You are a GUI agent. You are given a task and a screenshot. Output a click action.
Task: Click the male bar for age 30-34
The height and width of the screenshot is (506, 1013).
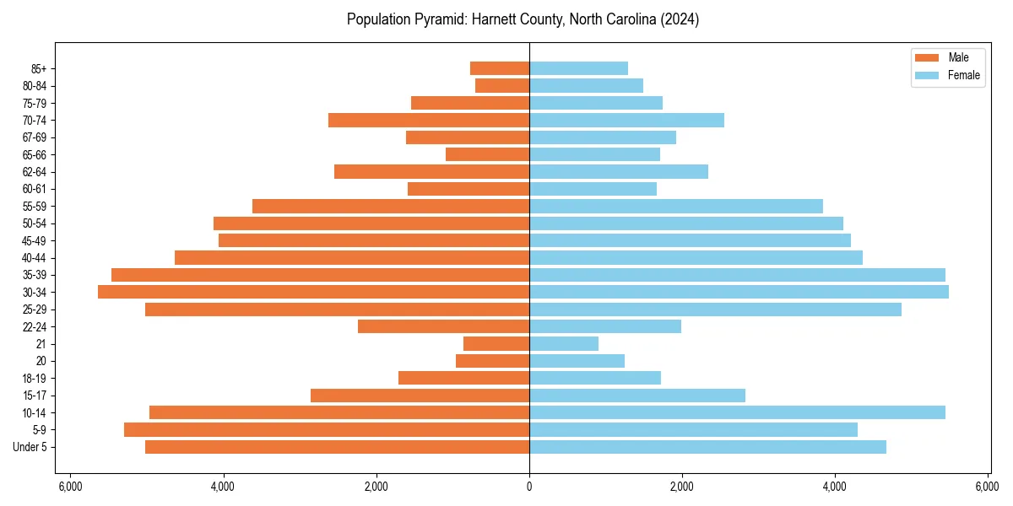coord(313,292)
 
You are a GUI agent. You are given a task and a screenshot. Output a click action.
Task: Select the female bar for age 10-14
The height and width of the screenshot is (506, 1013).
coord(737,412)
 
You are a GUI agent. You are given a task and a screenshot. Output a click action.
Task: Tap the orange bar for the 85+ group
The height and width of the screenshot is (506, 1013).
coord(500,68)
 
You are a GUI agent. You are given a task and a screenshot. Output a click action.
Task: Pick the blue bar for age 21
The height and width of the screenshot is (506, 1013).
coord(564,343)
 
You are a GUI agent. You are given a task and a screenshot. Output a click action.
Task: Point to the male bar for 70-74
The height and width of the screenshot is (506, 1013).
coord(429,120)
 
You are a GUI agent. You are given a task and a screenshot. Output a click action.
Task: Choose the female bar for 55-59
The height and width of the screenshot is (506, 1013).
coord(675,206)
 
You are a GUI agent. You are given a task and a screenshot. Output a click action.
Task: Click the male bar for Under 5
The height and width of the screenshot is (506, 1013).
coord(337,447)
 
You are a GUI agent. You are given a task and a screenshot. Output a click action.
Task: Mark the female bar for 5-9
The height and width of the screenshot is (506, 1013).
coord(693,429)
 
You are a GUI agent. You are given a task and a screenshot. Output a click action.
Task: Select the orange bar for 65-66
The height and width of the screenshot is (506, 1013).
coord(487,154)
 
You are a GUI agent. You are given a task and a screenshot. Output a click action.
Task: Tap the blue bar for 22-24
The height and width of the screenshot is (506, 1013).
coord(604,326)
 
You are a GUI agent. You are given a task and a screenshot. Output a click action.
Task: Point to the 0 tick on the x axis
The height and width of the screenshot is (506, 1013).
coord(529,487)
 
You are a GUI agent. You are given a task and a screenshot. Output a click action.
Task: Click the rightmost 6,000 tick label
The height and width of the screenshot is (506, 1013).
coord(988,487)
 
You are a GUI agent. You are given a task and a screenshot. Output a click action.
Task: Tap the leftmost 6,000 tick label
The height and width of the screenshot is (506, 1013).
coord(70,487)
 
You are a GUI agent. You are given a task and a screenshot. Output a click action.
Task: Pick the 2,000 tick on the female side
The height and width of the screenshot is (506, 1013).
coord(682,487)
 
